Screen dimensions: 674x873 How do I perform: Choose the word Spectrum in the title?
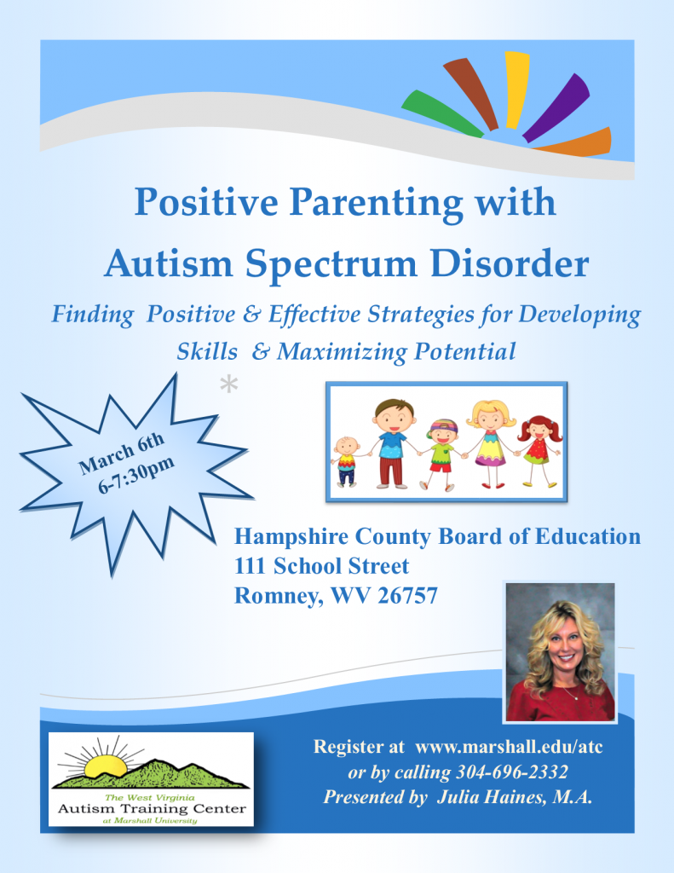pos(331,264)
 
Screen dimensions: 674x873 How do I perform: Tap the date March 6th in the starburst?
pos(121,454)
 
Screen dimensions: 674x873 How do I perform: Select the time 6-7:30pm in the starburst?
pos(136,474)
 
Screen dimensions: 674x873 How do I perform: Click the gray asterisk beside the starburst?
pos(228,384)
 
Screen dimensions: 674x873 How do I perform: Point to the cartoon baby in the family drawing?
pos(346,461)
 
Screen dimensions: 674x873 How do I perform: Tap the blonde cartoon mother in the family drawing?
pos(490,443)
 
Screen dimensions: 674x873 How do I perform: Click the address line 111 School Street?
pos(321,566)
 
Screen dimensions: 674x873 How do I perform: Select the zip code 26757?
pos(407,596)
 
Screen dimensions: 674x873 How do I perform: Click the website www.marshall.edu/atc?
pos(509,747)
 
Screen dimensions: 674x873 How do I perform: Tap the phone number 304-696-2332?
pos(512,772)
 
